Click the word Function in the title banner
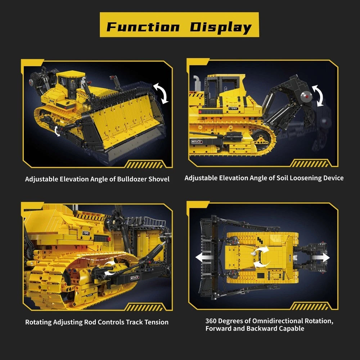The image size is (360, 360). click(x=143, y=27)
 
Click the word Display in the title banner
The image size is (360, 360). click(x=221, y=28)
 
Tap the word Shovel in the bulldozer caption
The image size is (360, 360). click(x=159, y=179)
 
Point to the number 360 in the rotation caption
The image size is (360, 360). click(x=211, y=321)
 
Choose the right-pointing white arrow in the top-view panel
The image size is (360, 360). click(x=321, y=257)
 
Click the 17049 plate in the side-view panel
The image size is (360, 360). click(x=233, y=108)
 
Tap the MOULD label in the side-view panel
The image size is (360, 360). click(x=197, y=141)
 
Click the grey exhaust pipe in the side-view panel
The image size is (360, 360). click(x=197, y=83)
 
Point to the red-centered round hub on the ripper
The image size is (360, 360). click(x=306, y=96)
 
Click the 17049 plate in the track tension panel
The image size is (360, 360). click(x=86, y=233)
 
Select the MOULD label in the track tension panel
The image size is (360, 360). click(x=135, y=278)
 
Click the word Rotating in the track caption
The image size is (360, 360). click(x=39, y=322)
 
